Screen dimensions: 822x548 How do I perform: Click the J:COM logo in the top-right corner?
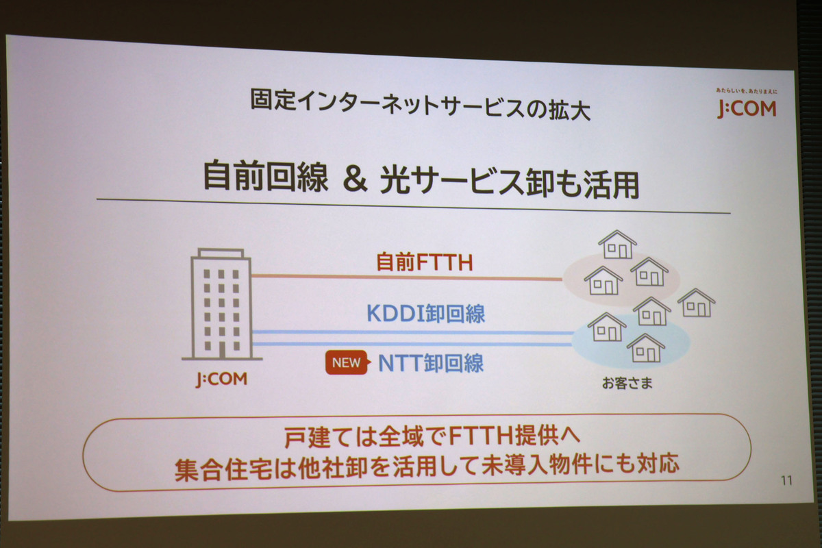pos(747,109)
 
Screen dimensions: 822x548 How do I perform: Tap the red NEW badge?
pos(347,362)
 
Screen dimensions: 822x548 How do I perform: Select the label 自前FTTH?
pos(425,262)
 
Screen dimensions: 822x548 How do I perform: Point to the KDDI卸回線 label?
pos(425,314)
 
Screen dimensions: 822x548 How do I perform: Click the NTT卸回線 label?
pos(431,362)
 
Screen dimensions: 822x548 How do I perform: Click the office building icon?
pos(221,304)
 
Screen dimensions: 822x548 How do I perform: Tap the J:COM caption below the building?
pos(222,379)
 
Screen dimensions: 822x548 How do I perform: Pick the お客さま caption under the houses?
pos(627,383)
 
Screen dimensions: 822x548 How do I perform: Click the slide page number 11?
pos(786,480)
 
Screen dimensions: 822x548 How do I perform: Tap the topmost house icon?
pos(617,244)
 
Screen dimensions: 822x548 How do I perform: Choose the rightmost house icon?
pos(696,303)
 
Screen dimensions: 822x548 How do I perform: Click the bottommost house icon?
pos(646,348)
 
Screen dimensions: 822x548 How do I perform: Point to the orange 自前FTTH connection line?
pos(407,277)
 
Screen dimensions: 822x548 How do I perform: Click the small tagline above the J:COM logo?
pos(747,90)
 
